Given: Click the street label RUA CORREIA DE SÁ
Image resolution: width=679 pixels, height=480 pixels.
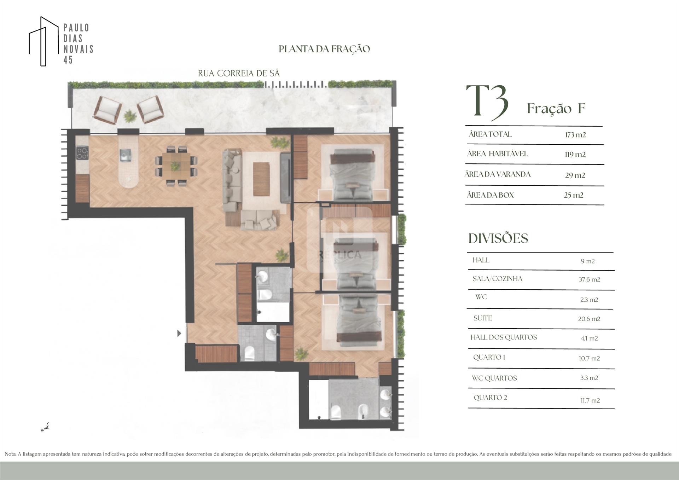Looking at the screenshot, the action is tap(239, 73).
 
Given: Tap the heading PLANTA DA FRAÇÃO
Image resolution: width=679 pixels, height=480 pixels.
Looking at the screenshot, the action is tap(324, 49).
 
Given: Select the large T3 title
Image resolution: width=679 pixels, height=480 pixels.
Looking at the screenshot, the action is tap(487, 102).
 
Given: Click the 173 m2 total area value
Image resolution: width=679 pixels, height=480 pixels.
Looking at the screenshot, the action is tap(575, 135).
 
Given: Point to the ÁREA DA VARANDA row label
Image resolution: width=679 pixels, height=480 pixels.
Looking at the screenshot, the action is tap(498, 174).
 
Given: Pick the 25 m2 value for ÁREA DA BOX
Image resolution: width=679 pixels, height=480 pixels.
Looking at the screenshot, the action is tap(574, 195).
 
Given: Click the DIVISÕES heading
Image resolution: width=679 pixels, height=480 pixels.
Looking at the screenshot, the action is tap(498, 238).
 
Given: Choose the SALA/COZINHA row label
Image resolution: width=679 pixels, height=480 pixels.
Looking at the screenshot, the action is tap(497, 279).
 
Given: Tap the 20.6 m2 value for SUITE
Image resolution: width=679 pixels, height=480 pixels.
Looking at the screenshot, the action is tap(589, 319).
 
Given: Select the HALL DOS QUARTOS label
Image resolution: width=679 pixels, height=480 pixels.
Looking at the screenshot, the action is tap(504, 337).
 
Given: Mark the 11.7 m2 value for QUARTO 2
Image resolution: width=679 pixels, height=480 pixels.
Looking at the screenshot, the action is tap(590, 400).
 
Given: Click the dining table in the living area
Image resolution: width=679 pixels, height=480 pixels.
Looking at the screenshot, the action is tap(176, 166).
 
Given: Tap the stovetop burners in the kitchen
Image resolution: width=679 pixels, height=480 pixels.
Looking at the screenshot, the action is tap(82, 153).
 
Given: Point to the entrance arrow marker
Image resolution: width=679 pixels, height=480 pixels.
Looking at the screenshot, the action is tap(179, 333).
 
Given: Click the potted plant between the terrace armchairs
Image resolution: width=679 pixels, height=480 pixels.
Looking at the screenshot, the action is tap(130, 116).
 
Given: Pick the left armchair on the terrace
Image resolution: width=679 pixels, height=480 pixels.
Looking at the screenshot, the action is tap(108, 110).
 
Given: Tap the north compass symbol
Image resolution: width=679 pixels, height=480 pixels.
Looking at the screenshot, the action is tap(45, 428).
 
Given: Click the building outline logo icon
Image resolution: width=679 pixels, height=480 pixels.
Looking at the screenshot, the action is tap(43, 41).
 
